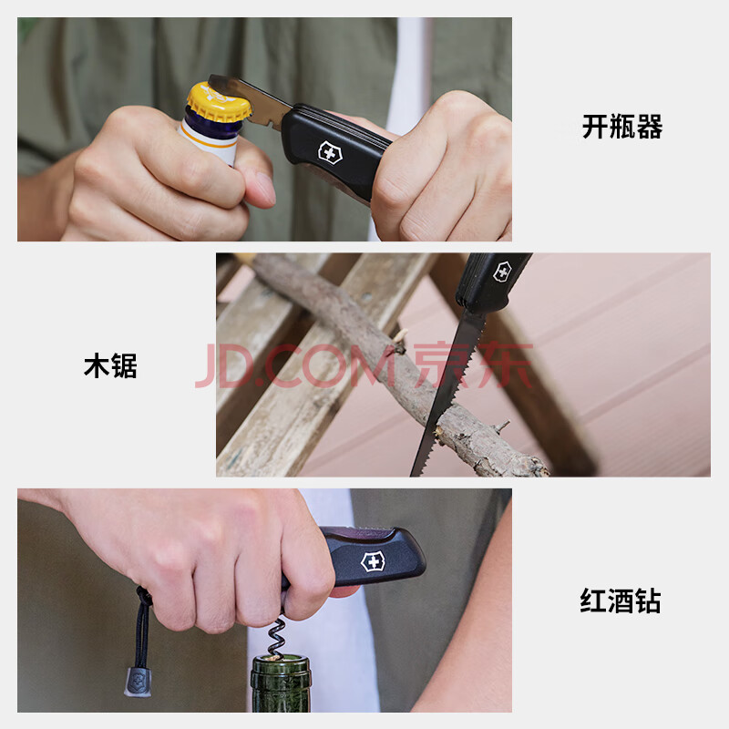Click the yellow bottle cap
click(217, 102)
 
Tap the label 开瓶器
click(622, 127)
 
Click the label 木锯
click(110, 365)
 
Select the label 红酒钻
click(621, 601)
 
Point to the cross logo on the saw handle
click(502, 272)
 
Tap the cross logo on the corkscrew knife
click(373, 562)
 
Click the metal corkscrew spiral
click(276, 637)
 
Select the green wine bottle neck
click(281, 684)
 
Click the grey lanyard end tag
click(138, 682)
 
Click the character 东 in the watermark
click(507, 365)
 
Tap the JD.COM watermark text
click(294, 365)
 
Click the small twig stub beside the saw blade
click(502, 426)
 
